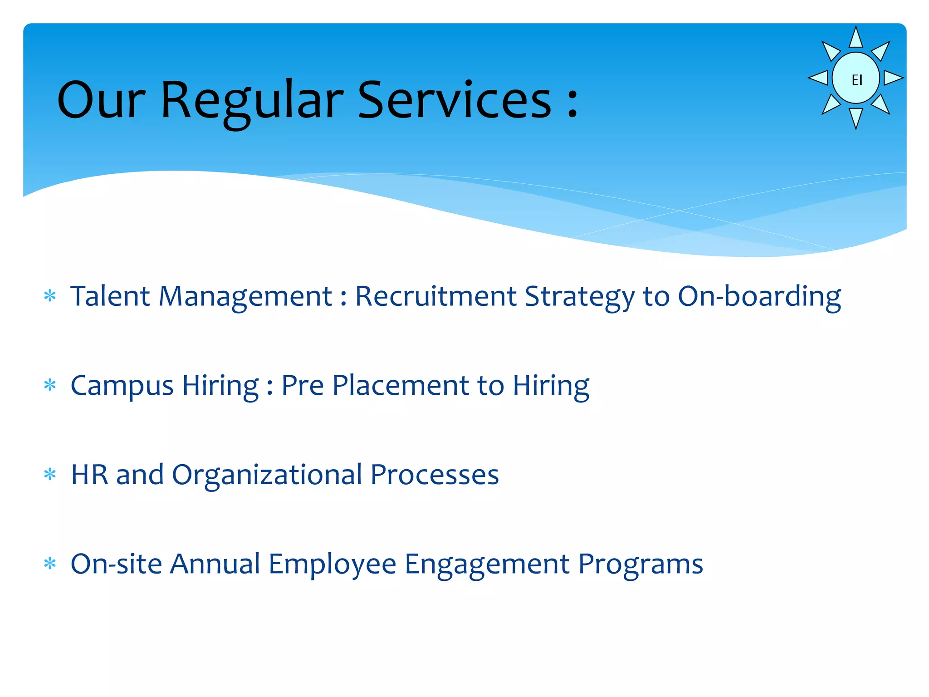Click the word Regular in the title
[x=252, y=101]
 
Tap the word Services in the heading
[x=455, y=101]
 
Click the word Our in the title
[x=101, y=101]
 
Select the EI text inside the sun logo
[x=857, y=80]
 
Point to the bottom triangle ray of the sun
[x=856, y=117]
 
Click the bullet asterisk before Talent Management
[x=50, y=297]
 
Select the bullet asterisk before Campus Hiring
[x=50, y=386]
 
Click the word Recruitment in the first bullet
[x=435, y=296]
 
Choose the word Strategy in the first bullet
[x=579, y=297]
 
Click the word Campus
[x=122, y=386]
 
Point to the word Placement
[x=401, y=386]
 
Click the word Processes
[x=435, y=475]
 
